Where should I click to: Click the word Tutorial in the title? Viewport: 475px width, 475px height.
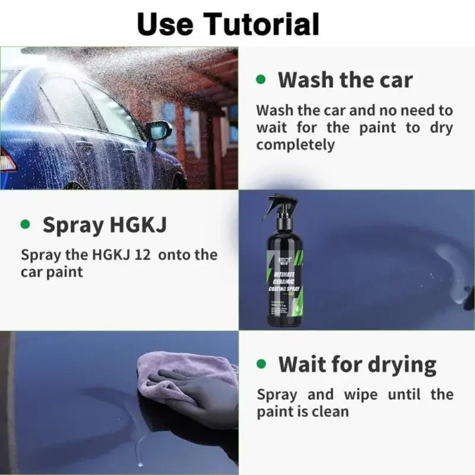[262, 24]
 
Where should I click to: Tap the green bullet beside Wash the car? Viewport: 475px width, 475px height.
[260, 79]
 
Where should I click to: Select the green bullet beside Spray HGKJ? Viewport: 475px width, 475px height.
[25, 224]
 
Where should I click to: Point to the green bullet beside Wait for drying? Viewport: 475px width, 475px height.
[260, 363]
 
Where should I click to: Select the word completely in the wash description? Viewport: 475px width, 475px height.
[295, 144]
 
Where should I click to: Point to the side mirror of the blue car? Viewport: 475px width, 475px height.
[159, 130]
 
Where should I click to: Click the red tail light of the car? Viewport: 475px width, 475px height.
[7, 160]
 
